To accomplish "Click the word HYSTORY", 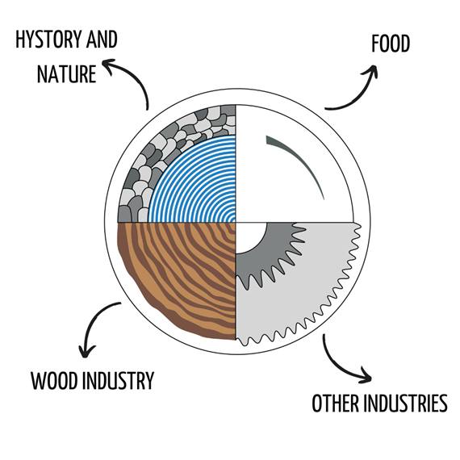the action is pyautogui.click(x=48, y=40).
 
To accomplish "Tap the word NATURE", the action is pyautogui.click(x=67, y=73).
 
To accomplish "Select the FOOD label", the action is pyautogui.click(x=390, y=44).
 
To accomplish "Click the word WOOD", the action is pyautogui.click(x=55, y=380).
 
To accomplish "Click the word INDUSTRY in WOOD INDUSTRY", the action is pyautogui.click(x=118, y=380).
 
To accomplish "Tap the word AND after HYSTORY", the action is pyautogui.click(x=102, y=40).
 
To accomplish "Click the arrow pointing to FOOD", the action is pyautogui.click(x=357, y=94).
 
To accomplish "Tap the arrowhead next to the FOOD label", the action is pyautogui.click(x=371, y=70).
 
